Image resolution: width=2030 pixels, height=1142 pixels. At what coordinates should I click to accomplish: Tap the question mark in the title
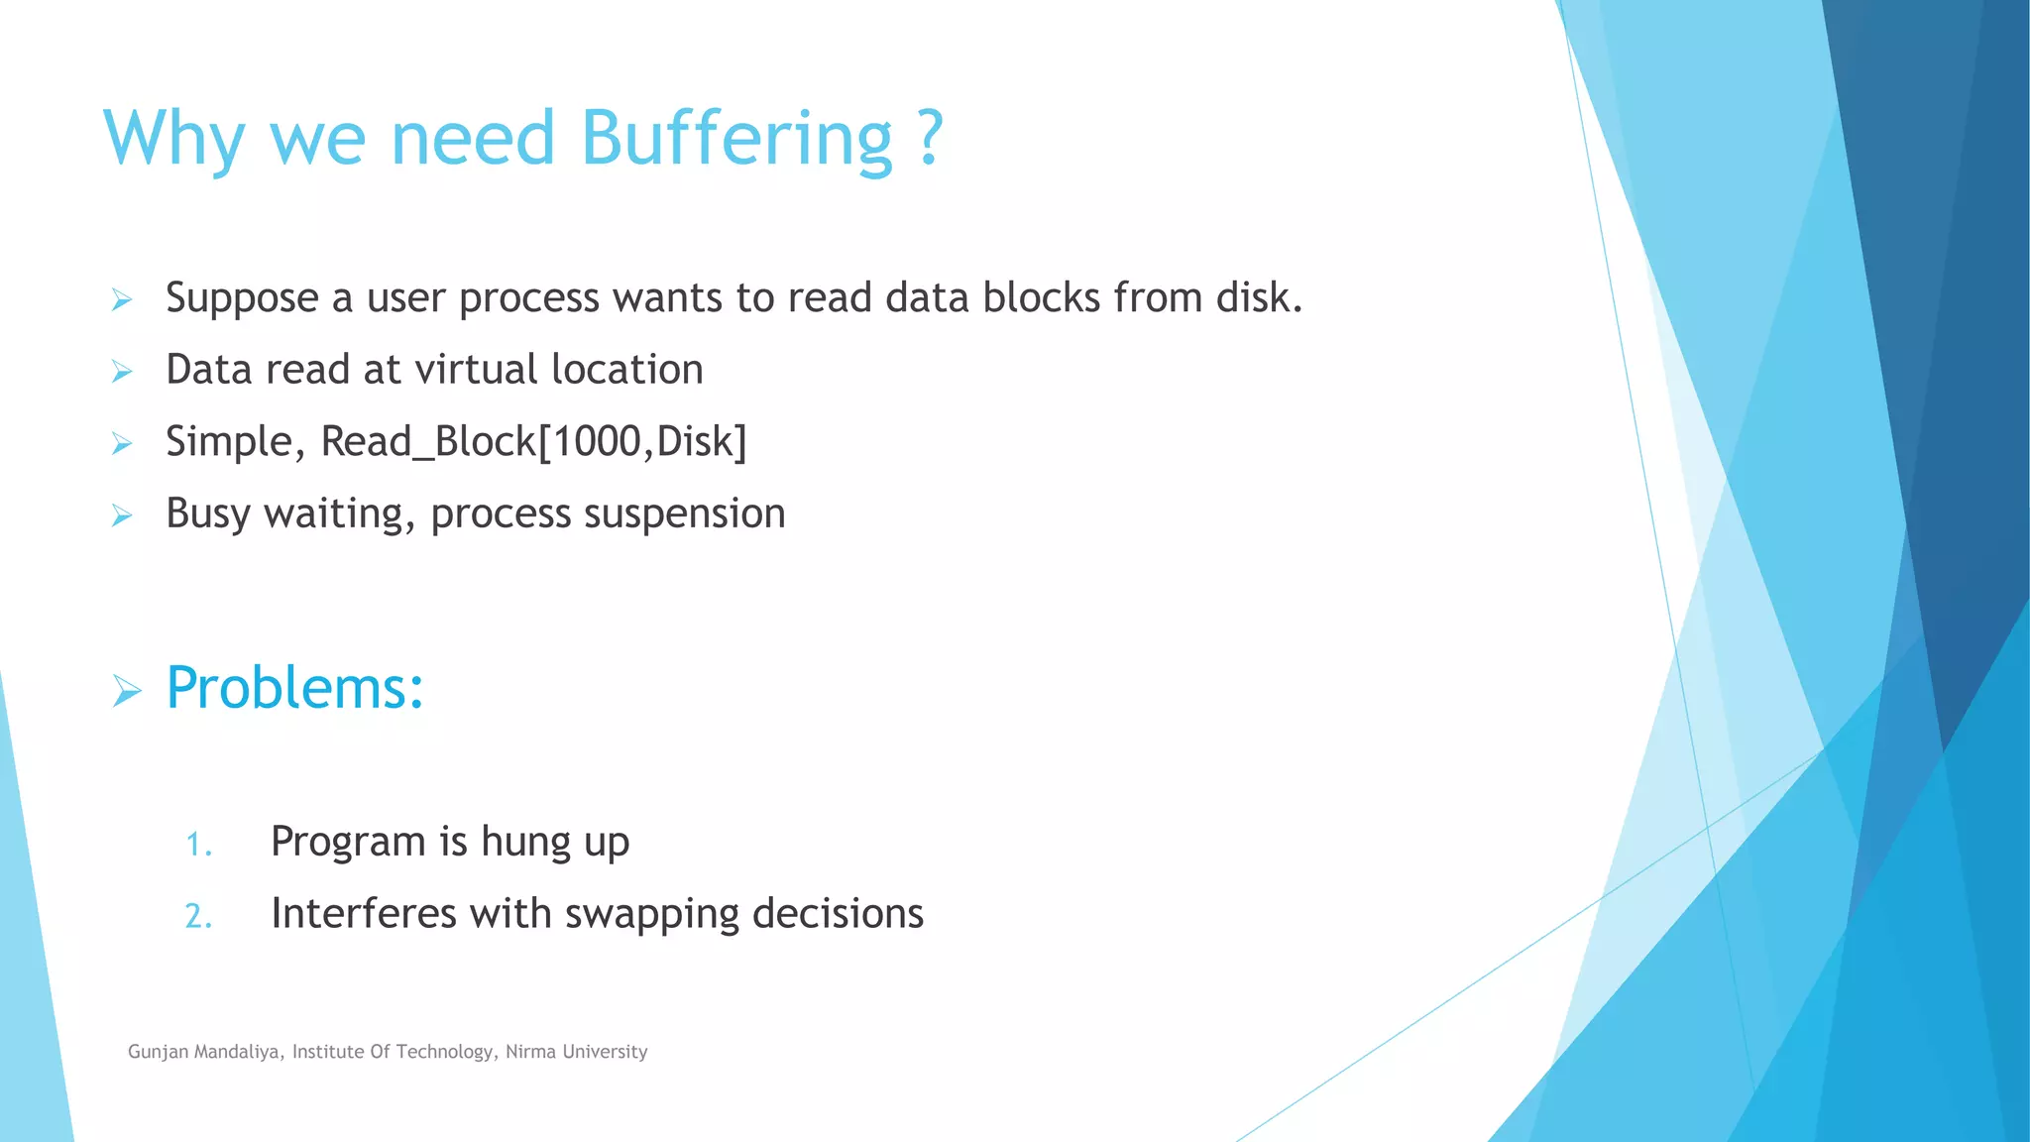click(929, 139)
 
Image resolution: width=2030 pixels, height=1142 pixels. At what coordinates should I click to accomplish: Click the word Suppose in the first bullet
click(243, 298)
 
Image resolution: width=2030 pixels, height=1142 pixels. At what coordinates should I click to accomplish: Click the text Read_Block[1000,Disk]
click(533, 442)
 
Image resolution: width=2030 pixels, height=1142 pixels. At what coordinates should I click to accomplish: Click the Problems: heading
click(295, 688)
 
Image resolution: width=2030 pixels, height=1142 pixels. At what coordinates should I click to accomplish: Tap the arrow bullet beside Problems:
click(126, 691)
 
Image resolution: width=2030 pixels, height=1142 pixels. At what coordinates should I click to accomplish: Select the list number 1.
click(198, 845)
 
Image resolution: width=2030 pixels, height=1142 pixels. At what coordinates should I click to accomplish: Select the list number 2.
click(198, 916)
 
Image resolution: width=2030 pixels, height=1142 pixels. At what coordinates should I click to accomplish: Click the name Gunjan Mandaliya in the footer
click(203, 1052)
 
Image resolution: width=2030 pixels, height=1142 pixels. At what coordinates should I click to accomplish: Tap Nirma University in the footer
click(576, 1052)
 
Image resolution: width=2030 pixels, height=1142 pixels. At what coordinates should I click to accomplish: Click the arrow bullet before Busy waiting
click(122, 515)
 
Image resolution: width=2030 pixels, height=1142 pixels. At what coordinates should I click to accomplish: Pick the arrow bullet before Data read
click(122, 372)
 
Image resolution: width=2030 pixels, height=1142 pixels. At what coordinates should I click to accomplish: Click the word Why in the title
click(174, 139)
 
